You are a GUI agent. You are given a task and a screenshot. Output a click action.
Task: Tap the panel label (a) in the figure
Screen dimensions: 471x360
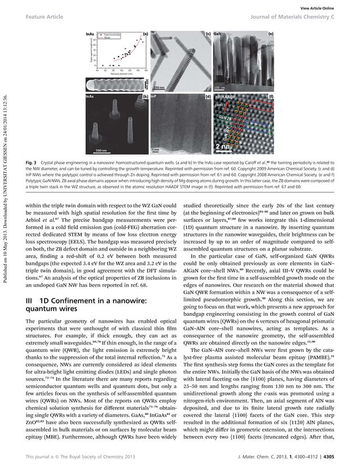pos(146,35)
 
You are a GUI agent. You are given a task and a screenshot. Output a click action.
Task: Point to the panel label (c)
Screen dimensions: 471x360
pos(207,35)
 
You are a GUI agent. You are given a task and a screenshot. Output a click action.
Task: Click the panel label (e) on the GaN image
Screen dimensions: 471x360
pos(270,35)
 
